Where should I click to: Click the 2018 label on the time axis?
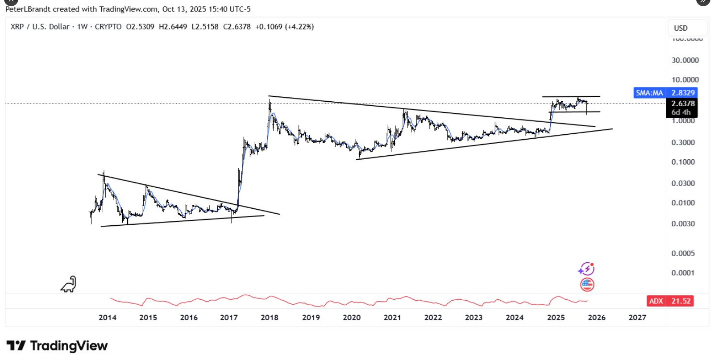[269, 318]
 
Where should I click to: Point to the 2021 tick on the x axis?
[392, 318]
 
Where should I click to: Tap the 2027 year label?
[637, 318]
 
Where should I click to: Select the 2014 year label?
[107, 318]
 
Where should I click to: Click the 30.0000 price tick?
[685, 60]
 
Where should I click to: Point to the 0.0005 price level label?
[683, 253]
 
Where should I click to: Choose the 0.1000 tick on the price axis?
[683, 162]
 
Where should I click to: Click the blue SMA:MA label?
[649, 93]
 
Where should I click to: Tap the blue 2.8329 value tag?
[683, 93]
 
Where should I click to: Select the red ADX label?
[656, 301]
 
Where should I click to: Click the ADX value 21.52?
[681, 301]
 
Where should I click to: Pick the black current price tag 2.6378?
[683, 103]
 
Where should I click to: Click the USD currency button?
[681, 28]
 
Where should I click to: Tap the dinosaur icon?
[69, 285]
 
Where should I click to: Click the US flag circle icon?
[587, 285]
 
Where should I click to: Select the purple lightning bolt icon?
[586, 269]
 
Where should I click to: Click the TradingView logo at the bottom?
[57, 346]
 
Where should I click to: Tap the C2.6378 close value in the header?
[237, 27]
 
